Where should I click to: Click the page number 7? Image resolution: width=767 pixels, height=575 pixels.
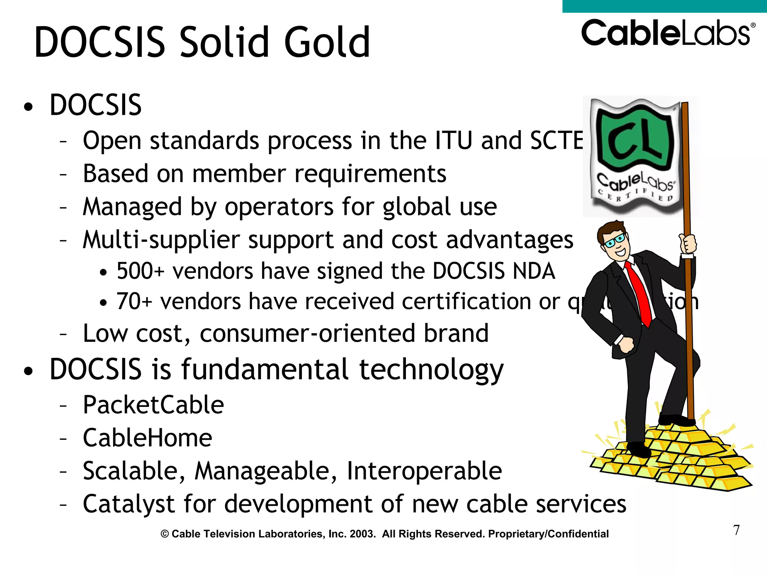point(736,530)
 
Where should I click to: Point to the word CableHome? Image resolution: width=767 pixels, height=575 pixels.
point(147,438)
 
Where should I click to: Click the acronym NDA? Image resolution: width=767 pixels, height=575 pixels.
point(534,271)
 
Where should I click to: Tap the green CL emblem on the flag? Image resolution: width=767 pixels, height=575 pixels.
point(635,140)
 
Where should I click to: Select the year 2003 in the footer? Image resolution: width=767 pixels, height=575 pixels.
point(362,534)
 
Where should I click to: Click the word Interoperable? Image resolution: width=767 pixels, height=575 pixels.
point(424,471)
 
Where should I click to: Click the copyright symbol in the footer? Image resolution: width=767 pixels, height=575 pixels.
point(165,534)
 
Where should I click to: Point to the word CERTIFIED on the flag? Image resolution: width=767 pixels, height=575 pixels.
point(636,195)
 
